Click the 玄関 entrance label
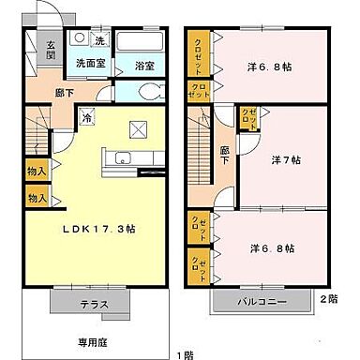[x=51, y=51]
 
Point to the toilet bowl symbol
[x=141, y=93]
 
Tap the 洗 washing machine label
[x=100, y=41]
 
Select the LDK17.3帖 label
[x=102, y=230]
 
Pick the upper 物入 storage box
[x=37, y=172]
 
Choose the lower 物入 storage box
[x=37, y=198]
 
